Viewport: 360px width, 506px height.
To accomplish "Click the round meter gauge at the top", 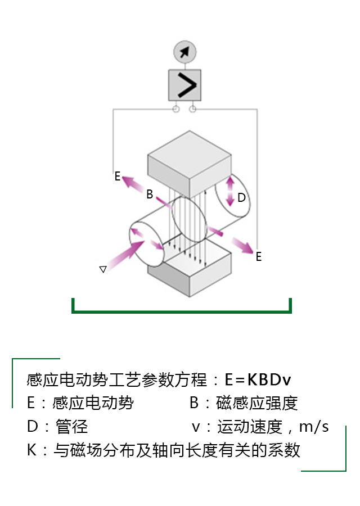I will [184, 52].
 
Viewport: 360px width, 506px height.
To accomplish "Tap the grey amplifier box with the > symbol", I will [184, 85].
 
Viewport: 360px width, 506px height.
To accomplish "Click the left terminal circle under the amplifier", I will [175, 109].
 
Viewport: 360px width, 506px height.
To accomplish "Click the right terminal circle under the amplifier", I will [193, 109].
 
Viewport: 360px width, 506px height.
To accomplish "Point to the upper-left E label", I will [118, 177].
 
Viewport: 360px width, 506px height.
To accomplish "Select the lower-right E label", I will [259, 257].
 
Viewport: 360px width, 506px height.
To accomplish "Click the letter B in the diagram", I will [150, 195].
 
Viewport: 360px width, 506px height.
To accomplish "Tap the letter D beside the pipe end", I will [241, 198].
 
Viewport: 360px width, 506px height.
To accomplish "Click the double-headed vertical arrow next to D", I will [229, 192].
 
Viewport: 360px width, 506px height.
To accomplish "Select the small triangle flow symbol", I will [103, 269].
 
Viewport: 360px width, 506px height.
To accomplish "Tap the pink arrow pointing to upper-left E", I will [134, 183].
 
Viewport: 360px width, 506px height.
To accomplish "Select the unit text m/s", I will [314, 427].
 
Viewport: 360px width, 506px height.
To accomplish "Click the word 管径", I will [71, 427].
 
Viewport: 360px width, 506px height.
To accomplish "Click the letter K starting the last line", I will [31, 450].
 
